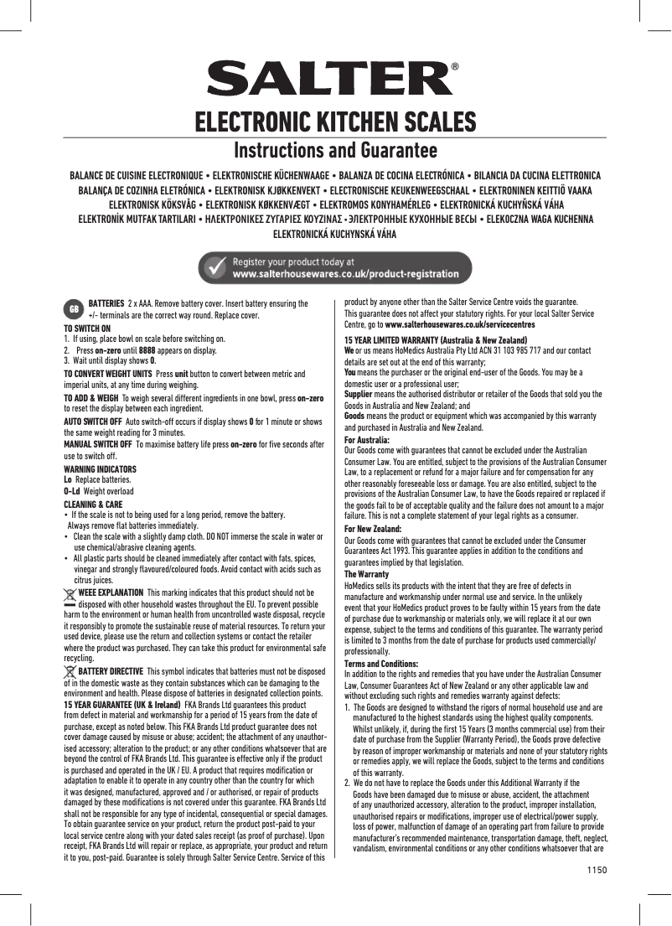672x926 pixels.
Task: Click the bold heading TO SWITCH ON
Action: tap(87, 328)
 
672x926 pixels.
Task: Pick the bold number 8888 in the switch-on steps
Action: tap(147, 350)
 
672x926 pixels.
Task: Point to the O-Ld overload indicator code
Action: tap(72, 491)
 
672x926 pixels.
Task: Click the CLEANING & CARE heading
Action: tap(94, 504)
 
